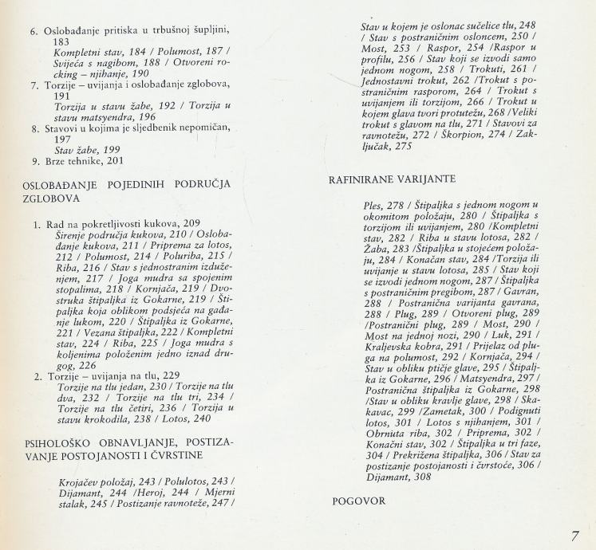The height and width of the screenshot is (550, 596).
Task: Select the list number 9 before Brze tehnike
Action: (x=35, y=161)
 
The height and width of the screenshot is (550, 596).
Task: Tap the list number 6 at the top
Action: (x=35, y=31)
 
